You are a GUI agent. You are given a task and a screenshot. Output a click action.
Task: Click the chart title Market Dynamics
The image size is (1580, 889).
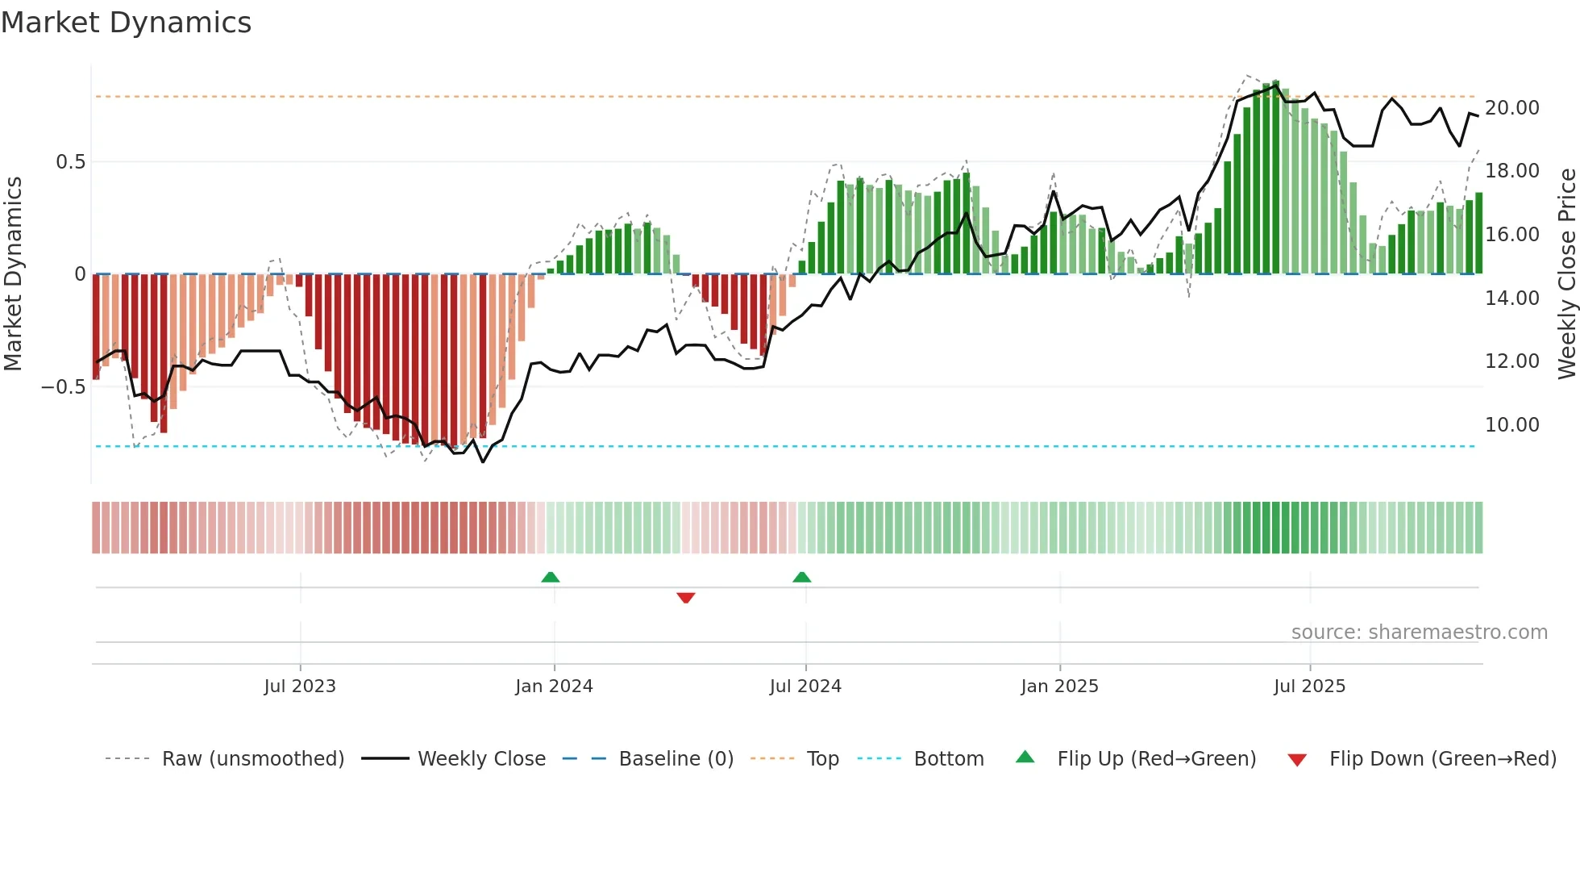[126, 23]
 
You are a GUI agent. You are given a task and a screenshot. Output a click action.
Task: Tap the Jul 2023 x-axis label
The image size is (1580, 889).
[300, 687]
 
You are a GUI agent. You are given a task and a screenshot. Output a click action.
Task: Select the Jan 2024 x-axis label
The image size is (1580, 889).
[554, 687]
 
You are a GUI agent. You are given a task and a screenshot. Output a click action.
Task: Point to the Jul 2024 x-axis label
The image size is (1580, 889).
[805, 687]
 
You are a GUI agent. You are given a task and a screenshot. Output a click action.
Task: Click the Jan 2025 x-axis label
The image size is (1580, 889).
[1059, 687]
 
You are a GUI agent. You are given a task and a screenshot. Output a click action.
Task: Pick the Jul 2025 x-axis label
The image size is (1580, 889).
[1310, 687]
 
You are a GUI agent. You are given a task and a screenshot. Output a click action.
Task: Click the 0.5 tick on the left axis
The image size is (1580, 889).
[70, 162]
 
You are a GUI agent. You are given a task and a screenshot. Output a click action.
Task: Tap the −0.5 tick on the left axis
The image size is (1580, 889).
[64, 387]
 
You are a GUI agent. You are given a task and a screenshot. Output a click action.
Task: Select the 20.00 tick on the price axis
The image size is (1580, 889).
[1511, 108]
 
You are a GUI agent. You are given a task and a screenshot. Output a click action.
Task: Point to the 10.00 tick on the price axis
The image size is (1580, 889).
[1511, 425]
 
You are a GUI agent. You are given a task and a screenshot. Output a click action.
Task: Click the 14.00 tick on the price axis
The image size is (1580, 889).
[1511, 298]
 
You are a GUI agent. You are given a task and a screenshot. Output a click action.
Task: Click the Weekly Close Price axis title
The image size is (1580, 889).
[1566, 274]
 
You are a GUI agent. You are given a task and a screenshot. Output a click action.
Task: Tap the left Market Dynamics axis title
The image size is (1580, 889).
[13, 274]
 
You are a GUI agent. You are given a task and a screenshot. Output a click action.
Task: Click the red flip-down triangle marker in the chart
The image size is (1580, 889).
[686, 598]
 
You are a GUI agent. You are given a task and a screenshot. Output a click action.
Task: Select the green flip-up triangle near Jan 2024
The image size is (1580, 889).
[551, 577]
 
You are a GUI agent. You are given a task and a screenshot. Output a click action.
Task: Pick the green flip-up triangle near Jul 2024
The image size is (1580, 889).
[802, 577]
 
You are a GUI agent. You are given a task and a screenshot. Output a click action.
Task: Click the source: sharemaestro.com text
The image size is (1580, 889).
[1419, 632]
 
